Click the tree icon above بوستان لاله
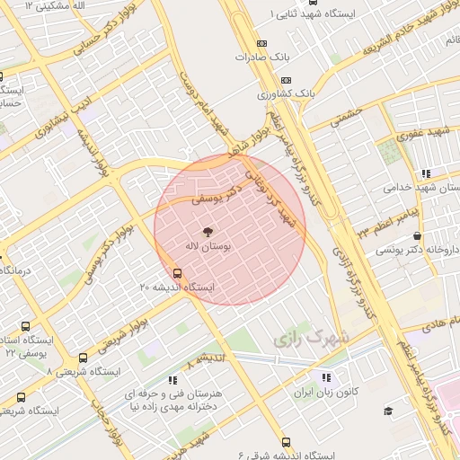(x=208, y=230)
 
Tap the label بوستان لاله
(x=209, y=244)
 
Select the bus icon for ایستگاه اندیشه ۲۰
(x=176, y=274)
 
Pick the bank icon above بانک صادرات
(x=261, y=43)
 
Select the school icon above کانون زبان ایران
(x=325, y=378)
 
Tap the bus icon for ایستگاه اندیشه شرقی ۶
(x=286, y=442)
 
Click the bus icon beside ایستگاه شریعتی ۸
(x=84, y=358)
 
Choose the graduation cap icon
(x=388, y=411)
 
